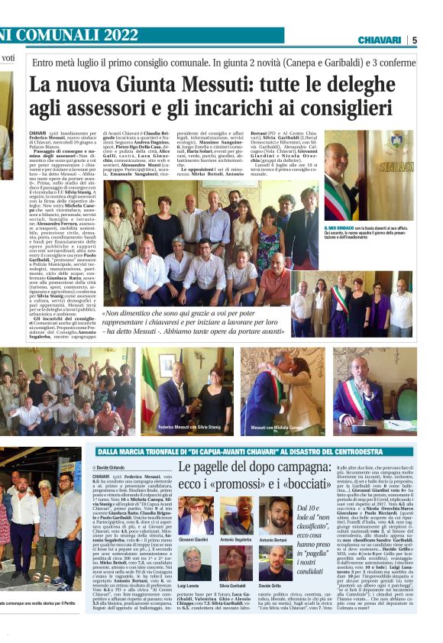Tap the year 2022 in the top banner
click(x=113, y=35)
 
